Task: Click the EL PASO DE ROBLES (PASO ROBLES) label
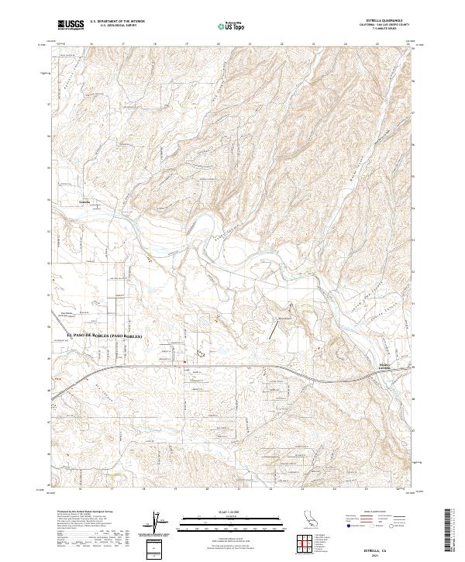tap(107, 334)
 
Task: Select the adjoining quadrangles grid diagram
tap(308, 542)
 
